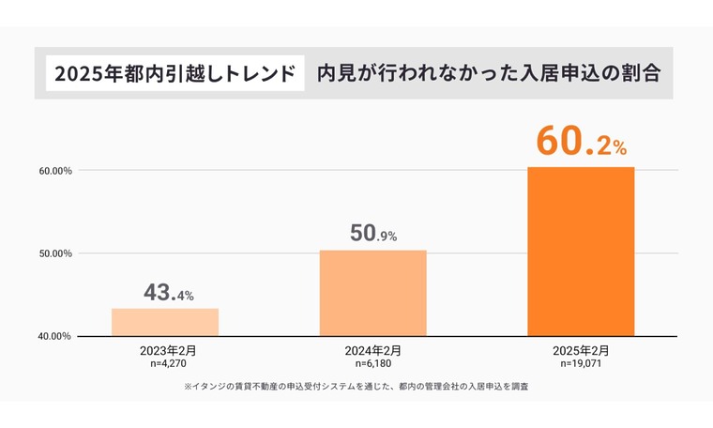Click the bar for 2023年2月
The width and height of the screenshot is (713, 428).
165,322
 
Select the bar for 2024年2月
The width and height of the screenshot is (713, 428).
373,293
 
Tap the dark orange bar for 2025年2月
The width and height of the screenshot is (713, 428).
581,252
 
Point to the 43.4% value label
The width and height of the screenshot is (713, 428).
169,293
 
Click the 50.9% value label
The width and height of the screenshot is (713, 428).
373,234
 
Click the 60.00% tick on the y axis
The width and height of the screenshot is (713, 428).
55,171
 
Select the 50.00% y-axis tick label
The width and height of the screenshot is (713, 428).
55,253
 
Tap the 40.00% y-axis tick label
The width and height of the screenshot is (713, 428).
55,336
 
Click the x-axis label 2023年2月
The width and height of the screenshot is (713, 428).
166,350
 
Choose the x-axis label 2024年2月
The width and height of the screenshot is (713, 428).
373,350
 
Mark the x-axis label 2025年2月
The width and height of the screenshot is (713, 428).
581,350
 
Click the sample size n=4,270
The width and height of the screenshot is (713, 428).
166,362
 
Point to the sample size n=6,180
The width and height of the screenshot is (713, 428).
373,362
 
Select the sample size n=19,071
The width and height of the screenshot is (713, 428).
581,362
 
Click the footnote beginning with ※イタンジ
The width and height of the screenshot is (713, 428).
356,386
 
